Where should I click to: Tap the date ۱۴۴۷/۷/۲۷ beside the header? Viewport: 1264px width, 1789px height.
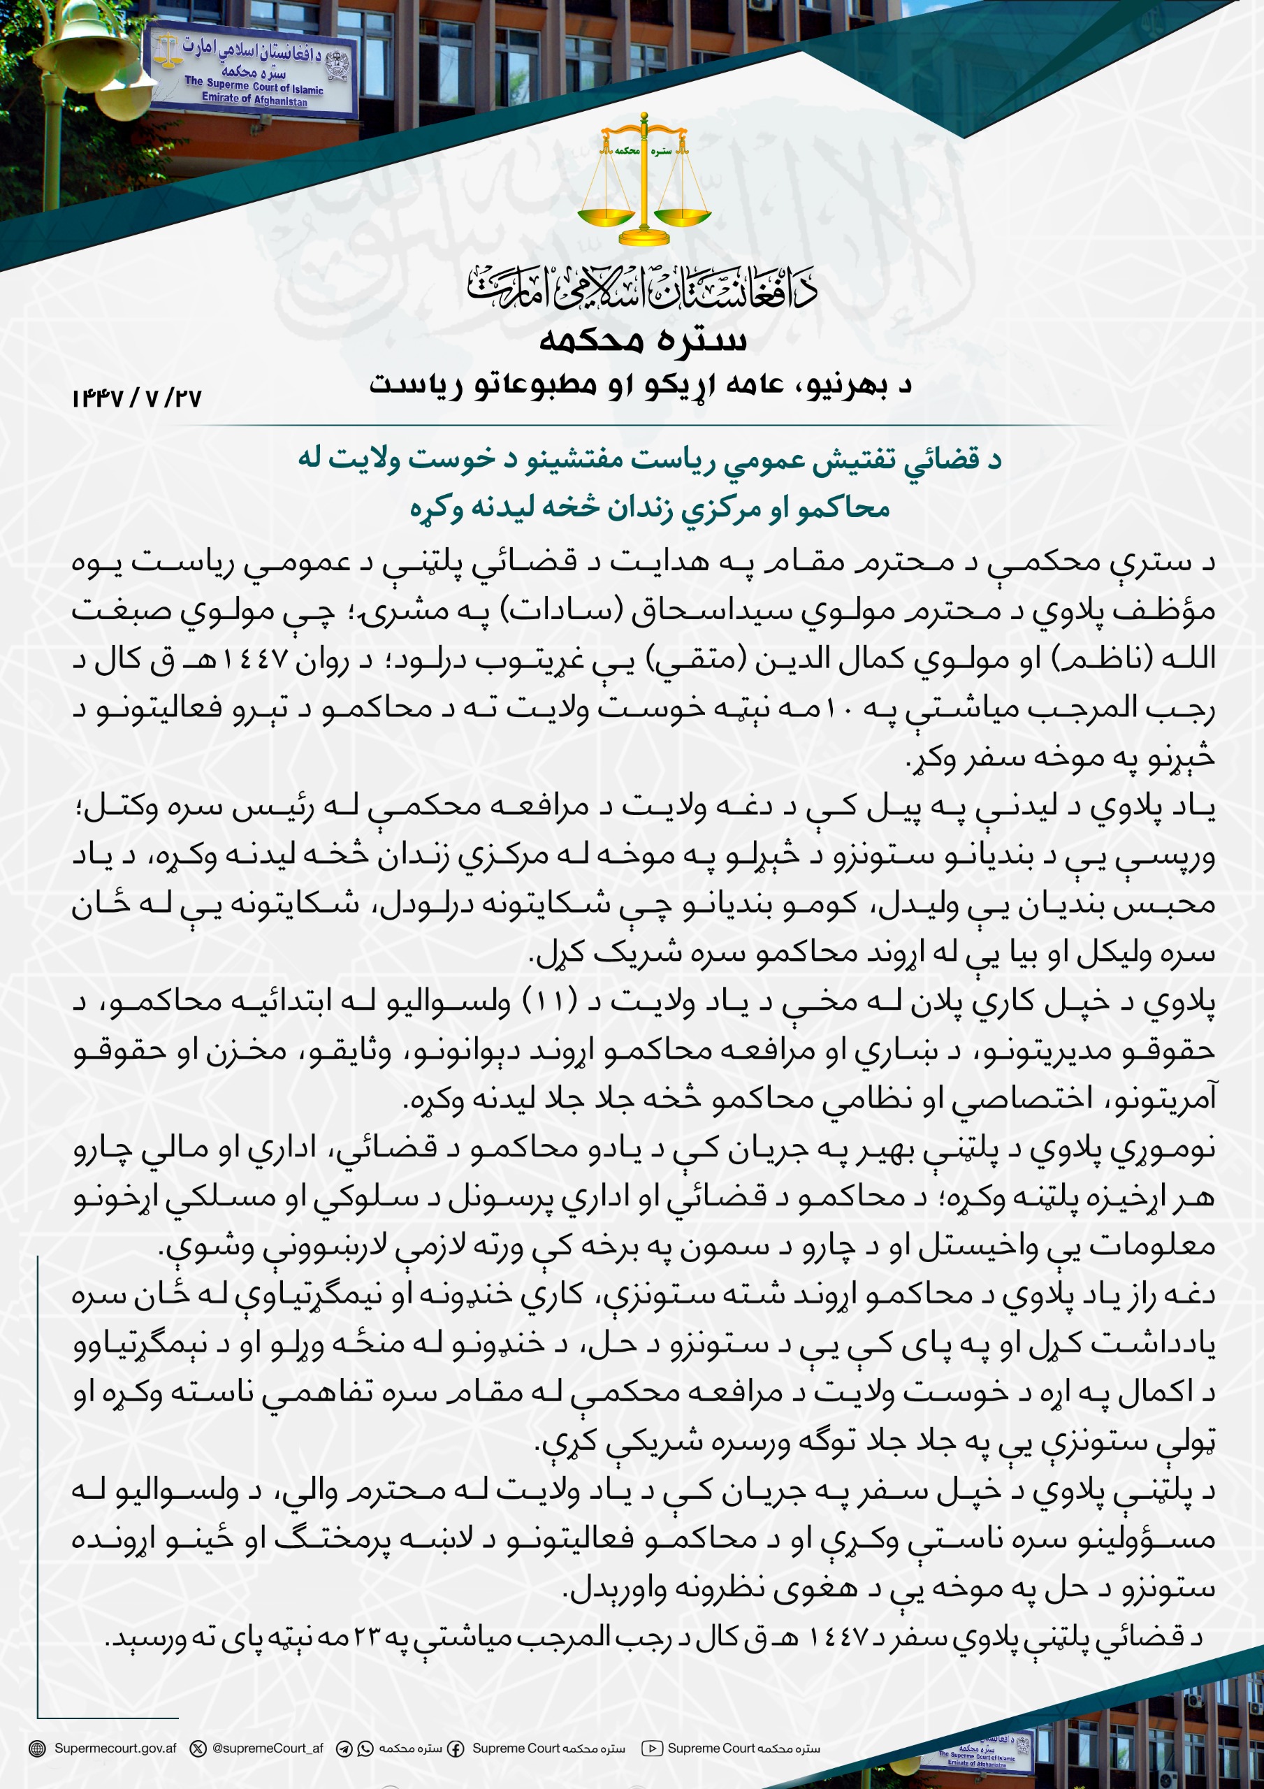137,399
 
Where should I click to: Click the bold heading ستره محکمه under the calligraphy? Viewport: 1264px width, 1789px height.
643,340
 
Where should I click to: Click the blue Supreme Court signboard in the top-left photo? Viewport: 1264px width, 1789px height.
253,72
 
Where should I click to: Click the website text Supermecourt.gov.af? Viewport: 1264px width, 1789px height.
115,1748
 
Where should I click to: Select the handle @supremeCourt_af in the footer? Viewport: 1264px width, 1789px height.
268,1748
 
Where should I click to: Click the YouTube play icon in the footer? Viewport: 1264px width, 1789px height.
651,1748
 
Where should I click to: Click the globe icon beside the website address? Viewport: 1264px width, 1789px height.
36,1748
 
